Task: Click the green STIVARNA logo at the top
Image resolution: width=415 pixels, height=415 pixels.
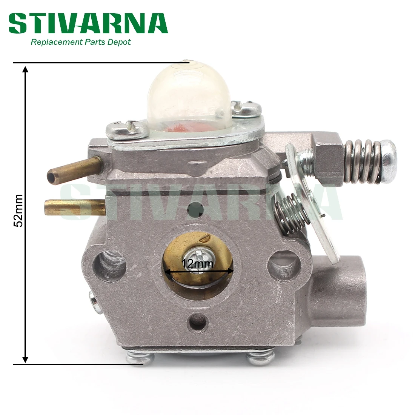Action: coord(88,23)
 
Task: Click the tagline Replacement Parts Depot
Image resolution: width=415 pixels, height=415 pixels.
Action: coord(80,42)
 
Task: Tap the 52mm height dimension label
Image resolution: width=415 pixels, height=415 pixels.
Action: coord(18,211)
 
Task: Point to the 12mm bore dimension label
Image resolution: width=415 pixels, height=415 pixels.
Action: coord(197,263)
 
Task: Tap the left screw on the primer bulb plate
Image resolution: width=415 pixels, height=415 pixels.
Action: coord(128,129)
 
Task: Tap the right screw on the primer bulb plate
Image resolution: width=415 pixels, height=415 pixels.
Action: coord(246,109)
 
